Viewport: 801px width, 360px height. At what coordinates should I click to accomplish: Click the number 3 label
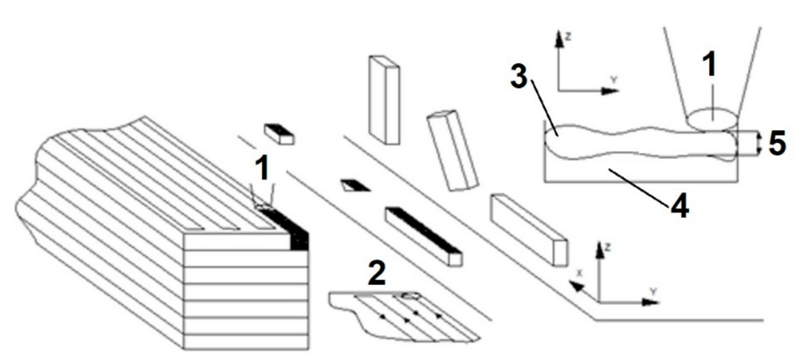519,77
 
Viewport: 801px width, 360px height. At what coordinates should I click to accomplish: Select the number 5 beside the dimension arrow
777,143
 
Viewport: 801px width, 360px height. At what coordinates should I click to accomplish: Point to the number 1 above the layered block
262,168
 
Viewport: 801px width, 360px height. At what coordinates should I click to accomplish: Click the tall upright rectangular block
384,100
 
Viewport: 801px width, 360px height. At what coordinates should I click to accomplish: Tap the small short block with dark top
279,134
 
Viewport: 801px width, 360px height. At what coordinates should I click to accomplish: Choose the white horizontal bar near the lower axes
529,230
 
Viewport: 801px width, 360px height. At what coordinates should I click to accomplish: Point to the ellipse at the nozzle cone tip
713,119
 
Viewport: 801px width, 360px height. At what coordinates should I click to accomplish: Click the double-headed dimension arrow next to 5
758,143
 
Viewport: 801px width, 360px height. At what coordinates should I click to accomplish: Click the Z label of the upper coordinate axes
568,37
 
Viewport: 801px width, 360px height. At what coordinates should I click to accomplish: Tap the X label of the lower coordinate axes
580,273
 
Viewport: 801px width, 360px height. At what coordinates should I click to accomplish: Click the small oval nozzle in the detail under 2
410,296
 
